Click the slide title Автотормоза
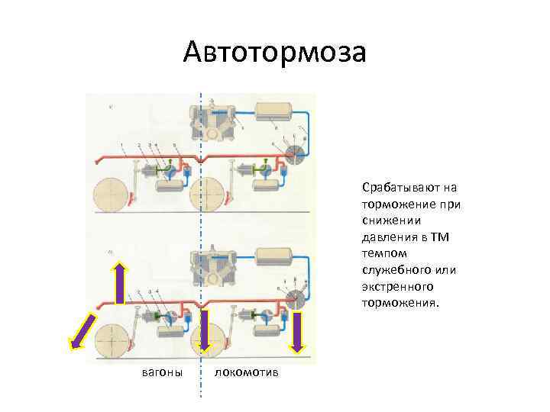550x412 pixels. pos(275,53)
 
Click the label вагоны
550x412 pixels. pos(163,372)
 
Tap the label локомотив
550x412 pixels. pos(247,372)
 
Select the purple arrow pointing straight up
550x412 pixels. pos(120,283)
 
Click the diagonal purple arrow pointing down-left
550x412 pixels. pos(83,333)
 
